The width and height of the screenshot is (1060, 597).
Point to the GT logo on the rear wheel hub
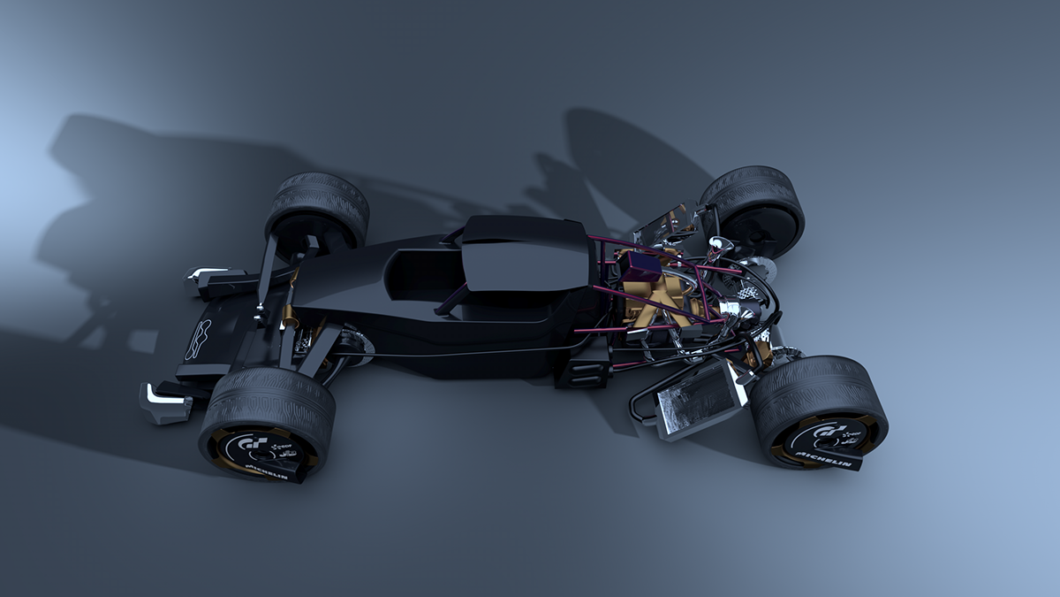pyautogui.click(x=823, y=430)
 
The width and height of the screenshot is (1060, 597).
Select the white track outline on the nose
pyautogui.click(x=199, y=341)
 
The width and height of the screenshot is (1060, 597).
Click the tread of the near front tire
pyautogui.click(x=265, y=398)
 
